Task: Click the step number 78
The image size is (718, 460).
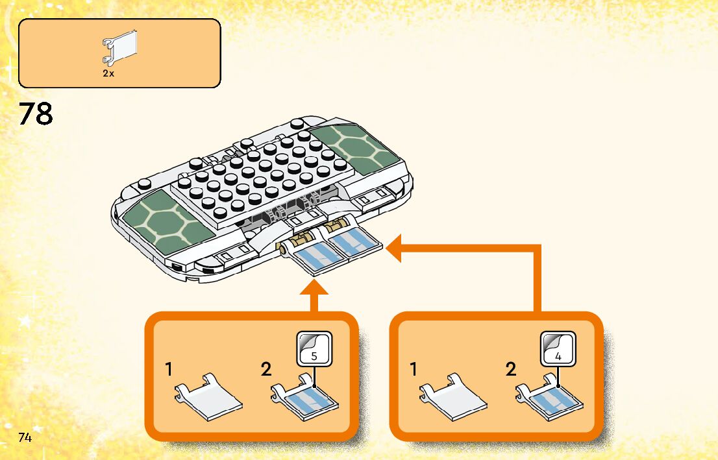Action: point(36,114)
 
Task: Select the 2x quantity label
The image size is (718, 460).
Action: point(108,73)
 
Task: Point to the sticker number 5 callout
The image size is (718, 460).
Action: point(314,348)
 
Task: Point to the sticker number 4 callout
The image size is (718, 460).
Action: point(558,348)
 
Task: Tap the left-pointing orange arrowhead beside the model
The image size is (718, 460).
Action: point(395,250)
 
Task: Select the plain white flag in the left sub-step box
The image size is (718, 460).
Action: point(208,396)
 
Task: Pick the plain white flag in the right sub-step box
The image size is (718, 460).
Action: point(453,396)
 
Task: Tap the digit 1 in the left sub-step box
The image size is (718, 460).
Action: point(169,370)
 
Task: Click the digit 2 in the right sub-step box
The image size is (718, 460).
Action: point(511,370)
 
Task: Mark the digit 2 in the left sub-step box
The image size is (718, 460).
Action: point(266,370)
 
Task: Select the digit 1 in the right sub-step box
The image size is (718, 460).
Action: point(414,370)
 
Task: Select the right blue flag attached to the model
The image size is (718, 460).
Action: point(354,243)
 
